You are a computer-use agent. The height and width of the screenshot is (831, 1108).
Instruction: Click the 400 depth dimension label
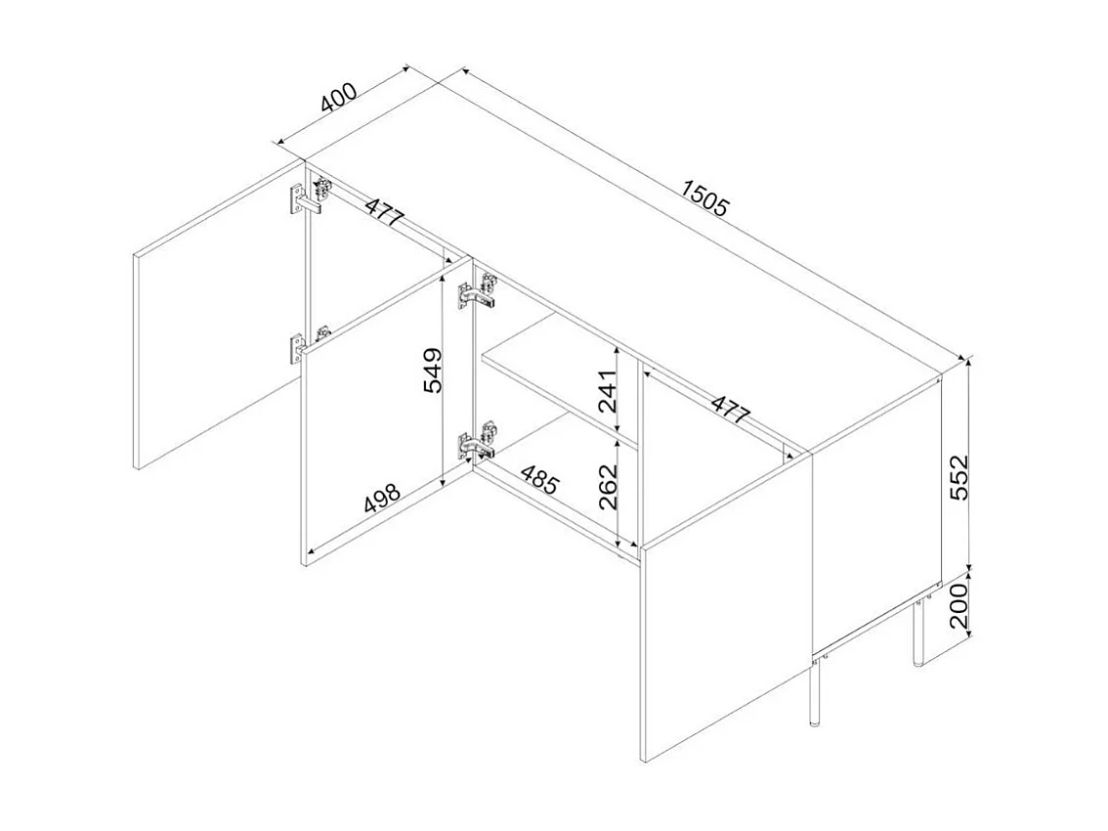tap(338, 99)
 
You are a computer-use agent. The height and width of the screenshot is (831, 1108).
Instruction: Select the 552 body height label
tap(959, 477)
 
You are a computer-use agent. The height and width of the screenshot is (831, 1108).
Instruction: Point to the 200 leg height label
tap(959, 606)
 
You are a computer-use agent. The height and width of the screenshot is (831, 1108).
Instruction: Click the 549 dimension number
tap(433, 370)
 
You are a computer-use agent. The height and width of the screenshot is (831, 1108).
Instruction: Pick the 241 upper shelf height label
tap(608, 390)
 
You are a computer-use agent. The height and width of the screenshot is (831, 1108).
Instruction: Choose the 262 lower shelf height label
tap(608, 487)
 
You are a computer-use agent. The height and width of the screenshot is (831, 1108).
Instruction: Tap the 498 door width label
tap(382, 498)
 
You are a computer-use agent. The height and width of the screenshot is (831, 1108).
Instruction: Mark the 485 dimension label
tap(539, 479)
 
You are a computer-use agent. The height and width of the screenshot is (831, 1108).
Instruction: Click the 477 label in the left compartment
tap(385, 212)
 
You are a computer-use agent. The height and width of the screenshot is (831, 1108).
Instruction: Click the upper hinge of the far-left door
tap(311, 196)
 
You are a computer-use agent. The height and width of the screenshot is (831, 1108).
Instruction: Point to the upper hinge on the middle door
tap(478, 291)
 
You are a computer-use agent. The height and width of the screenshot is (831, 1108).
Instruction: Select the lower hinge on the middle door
tap(478, 443)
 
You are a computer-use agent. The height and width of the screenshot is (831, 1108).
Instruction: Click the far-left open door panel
tap(218, 316)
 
